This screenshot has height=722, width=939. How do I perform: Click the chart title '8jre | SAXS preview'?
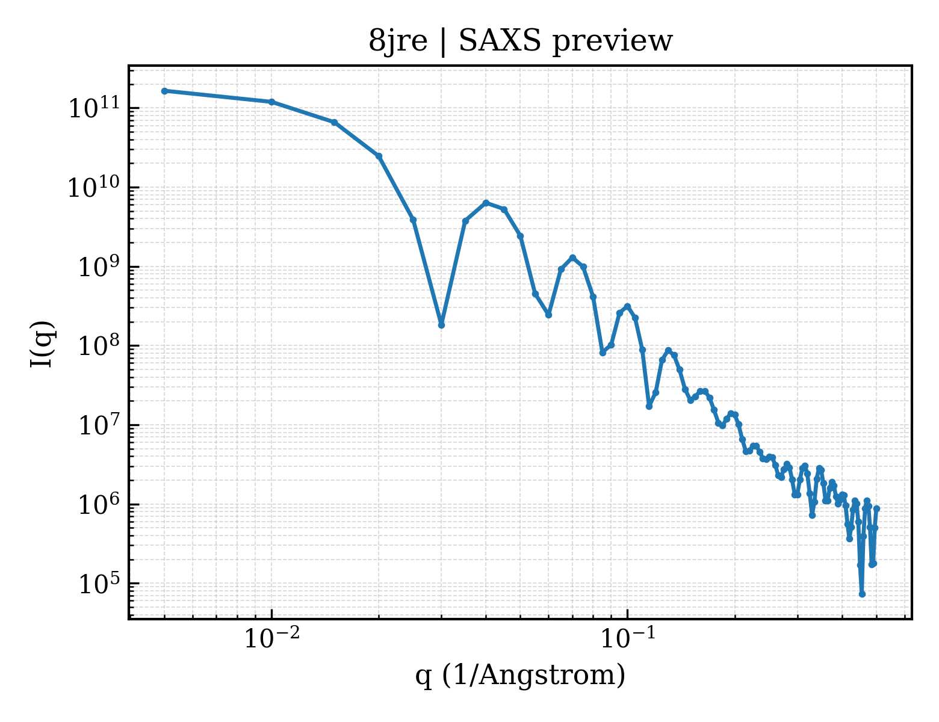(520, 42)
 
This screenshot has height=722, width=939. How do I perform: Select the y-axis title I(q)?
(42, 344)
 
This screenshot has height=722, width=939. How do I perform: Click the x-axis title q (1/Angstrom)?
(520, 675)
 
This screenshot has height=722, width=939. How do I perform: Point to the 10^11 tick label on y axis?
(95, 107)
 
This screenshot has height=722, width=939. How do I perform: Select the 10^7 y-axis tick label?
(99, 425)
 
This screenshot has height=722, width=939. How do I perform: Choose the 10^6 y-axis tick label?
(99, 504)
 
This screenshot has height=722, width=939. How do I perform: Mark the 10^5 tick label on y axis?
(99, 583)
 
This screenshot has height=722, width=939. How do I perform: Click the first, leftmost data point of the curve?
(165, 91)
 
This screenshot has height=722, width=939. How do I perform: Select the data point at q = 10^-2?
(272, 102)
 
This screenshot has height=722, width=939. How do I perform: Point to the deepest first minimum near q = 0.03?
(441, 325)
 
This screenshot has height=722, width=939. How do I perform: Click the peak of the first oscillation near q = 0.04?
(486, 203)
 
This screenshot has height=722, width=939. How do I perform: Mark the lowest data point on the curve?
(862, 594)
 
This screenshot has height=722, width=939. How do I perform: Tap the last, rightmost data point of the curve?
(876, 508)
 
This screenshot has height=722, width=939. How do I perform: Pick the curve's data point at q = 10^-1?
(627, 307)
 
